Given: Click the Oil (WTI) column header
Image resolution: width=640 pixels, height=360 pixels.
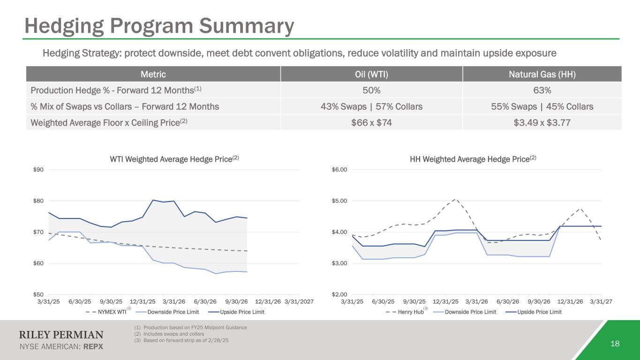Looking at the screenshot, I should point(371,74).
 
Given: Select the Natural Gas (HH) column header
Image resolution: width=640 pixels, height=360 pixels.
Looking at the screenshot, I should point(542,74).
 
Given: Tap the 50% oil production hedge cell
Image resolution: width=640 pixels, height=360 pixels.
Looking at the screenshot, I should point(371,90).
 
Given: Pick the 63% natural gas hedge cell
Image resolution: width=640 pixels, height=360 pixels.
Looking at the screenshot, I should point(542,90).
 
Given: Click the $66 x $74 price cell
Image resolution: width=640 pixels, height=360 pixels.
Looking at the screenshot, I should point(371,123).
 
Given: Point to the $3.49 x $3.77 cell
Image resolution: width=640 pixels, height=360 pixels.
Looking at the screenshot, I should point(542,123).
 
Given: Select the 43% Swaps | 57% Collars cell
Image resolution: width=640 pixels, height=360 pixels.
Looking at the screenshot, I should point(371,106).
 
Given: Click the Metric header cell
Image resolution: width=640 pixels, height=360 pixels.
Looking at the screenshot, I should point(153,74).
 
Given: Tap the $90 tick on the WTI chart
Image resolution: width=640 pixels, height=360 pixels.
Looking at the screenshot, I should point(37,170).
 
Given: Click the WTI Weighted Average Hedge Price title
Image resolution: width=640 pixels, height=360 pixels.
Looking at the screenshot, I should point(172,159).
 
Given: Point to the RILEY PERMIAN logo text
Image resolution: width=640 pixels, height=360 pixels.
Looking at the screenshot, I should point(61,335).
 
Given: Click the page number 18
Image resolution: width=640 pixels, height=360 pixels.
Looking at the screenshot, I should point(615,344).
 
